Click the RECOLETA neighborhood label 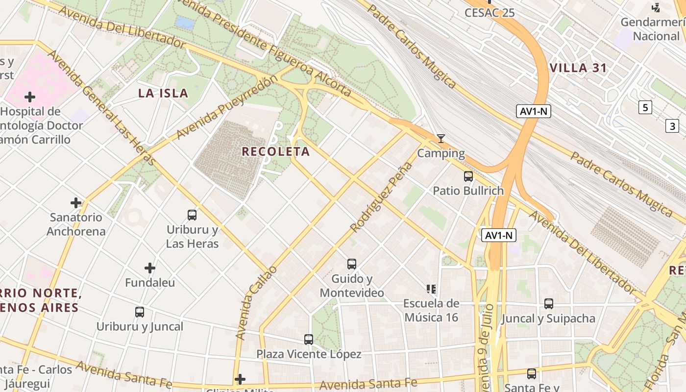tap(276, 151)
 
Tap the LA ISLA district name tap(163, 93)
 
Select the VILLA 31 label tap(578, 68)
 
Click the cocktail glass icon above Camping tap(441, 139)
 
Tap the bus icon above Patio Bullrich tap(468, 176)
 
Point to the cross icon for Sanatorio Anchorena tap(76, 202)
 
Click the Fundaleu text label tap(150, 283)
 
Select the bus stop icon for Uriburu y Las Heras tap(192, 215)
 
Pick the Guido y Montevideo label tap(352, 286)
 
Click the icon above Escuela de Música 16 tap(431, 289)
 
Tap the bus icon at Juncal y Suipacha tap(549, 304)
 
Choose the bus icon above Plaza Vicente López tap(309, 339)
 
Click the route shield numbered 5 tap(645, 107)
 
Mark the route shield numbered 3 tap(672, 126)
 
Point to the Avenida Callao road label tap(256, 303)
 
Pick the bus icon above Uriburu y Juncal tap(140, 312)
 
